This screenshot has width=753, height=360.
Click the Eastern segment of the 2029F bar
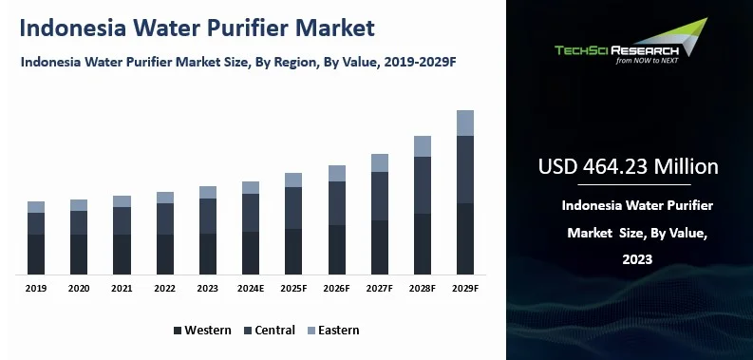pos(465,123)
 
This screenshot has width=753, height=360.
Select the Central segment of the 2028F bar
pos(423,185)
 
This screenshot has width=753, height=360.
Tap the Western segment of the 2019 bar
pos(36,255)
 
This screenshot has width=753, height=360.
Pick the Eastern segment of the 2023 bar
pos(208,192)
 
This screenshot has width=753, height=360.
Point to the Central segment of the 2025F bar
pos(293,208)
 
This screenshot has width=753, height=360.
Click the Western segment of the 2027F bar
pos(380,247)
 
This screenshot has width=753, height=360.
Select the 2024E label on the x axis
pos(251,289)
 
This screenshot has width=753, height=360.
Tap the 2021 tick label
pos(122,289)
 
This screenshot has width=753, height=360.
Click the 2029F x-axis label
pos(465,289)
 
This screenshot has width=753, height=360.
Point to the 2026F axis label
pos(337,289)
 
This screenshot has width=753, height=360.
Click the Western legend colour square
pos(178,331)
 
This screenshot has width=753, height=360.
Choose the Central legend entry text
pos(274,331)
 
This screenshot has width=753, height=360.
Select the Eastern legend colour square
pos(311,331)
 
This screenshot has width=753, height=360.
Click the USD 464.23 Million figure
pos(629,167)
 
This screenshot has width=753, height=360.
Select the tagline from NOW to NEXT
pos(647,61)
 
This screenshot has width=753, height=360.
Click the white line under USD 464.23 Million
pos(634,184)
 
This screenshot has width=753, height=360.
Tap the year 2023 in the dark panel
pos(637,259)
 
